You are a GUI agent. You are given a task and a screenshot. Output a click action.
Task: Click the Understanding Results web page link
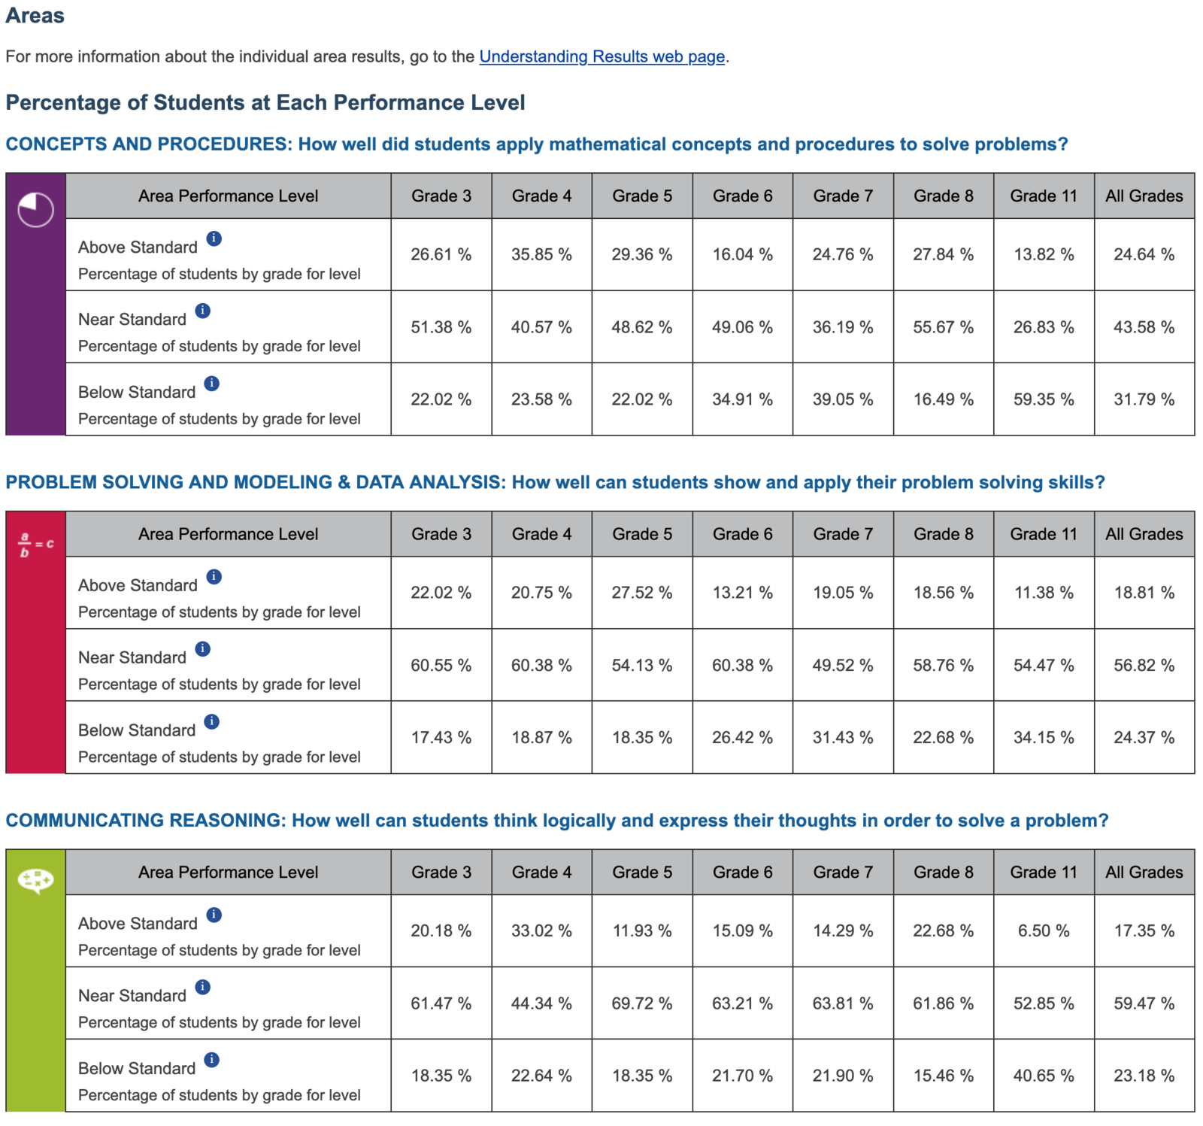[601, 56]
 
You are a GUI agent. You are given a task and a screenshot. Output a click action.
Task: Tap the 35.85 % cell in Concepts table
[541, 254]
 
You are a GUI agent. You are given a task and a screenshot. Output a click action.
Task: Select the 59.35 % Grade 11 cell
[1043, 399]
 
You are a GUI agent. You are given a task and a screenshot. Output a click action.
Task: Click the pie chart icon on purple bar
[35, 209]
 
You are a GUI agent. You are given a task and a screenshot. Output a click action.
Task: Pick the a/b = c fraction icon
[35, 544]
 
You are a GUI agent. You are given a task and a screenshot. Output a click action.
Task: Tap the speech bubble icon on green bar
[35, 879]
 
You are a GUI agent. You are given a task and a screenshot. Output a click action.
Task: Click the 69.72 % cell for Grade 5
[641, 1003]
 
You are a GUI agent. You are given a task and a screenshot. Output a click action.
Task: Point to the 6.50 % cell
[1043, 930]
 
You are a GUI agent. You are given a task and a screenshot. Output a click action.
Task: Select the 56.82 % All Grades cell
[1144, 665]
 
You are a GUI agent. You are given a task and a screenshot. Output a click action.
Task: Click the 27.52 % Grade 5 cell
[641, 593]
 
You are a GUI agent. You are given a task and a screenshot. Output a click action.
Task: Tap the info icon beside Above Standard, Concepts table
[214, 238]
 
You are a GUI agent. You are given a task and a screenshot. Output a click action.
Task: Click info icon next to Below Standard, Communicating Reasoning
[212, 1060]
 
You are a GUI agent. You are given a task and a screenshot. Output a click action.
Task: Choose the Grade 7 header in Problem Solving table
[842, 534]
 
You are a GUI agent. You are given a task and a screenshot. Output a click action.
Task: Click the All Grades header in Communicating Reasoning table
[1144, 872]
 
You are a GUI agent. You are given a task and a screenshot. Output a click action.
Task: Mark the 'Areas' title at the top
[35, 16]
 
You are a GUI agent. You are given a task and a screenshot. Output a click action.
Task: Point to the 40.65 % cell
[1043, 1076]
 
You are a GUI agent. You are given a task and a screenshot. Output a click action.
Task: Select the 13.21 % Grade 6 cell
[742, 593]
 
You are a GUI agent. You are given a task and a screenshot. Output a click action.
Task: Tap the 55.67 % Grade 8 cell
[943, 327]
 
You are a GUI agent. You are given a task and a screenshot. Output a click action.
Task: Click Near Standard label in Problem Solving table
[132, 657]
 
